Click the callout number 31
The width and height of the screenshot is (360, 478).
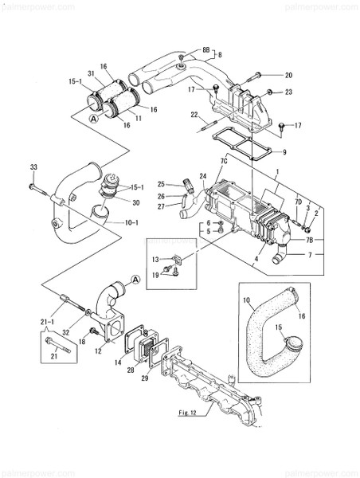click(92, 74)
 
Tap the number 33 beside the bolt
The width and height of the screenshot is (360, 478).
click(33, 166)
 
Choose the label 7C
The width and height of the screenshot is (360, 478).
click(224, 162)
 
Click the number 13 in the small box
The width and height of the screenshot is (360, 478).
click(157, 259)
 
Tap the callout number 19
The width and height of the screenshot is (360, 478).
click(157, 275)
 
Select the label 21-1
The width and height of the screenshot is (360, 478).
click(47, 320)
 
